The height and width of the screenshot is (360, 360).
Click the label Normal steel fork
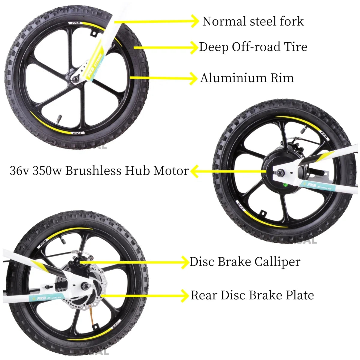(x=253, y=21)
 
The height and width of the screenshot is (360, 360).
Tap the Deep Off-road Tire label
(x=253, y=47)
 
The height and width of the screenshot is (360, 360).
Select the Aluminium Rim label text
(x=247, y=78)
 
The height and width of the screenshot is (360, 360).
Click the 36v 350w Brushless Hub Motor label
(x=99, y=171)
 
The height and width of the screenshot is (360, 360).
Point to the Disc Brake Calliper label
(x=245, y=262)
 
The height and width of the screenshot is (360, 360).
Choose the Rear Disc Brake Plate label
(x=252, y=295)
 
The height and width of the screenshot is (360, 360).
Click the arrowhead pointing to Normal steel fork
(x=195, y=21)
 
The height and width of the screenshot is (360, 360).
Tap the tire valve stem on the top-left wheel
(x=59, y=117)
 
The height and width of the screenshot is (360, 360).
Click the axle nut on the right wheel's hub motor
(x=282, y=172)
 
